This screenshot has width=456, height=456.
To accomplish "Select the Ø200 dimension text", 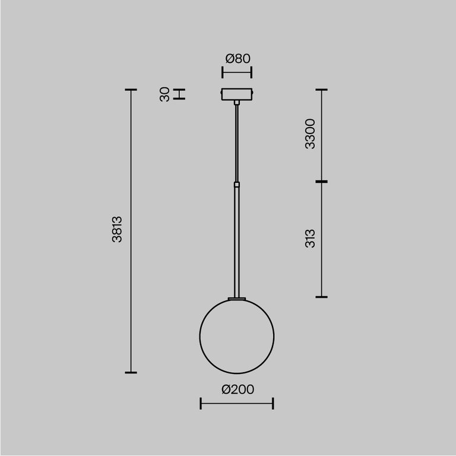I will (x=237, y=389).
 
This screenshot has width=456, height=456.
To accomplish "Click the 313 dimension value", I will (x=310, y=238).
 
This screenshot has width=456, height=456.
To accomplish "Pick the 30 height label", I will (x=165, y=94).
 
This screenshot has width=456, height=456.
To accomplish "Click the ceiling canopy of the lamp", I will (x=237, y=95).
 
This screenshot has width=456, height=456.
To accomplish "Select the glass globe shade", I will (x=237, y=336).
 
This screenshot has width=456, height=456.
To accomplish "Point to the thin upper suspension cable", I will (x=237, y=142).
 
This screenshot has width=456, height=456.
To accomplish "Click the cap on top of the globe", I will (x=237, y=298).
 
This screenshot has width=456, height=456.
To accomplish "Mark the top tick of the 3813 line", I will (x=131, y=90).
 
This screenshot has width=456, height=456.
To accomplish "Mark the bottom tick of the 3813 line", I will (x=131, y=372).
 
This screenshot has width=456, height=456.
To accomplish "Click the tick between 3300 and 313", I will (x=321, y=182).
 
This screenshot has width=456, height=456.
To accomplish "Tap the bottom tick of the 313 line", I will (x=321, y=296).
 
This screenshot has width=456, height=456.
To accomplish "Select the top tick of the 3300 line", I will (x=321, y=90).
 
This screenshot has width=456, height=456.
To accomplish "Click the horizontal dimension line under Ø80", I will (x=237, y=72).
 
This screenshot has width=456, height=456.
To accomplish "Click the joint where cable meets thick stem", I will (x=237, y=184).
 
